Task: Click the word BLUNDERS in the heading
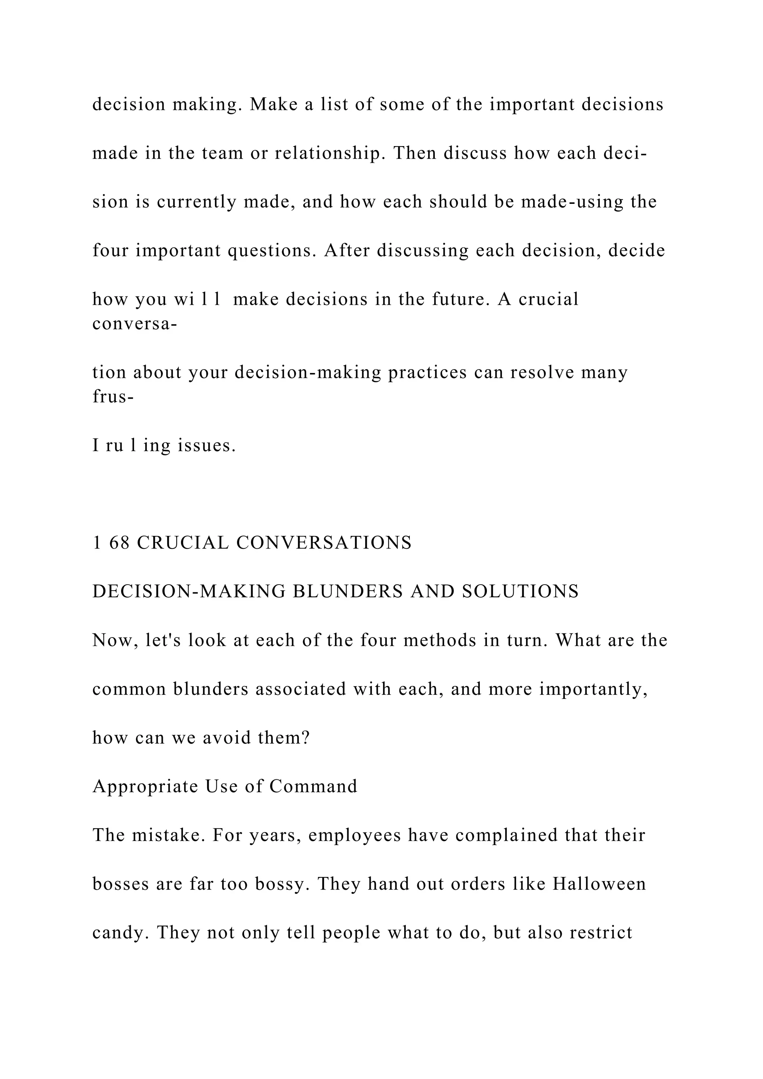coord(347,591)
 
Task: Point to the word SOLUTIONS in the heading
coord(520,591)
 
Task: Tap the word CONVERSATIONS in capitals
coord(324,543)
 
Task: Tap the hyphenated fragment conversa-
coord(134,324)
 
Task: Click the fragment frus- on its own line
coord(113,397)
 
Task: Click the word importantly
coord(593,689)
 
